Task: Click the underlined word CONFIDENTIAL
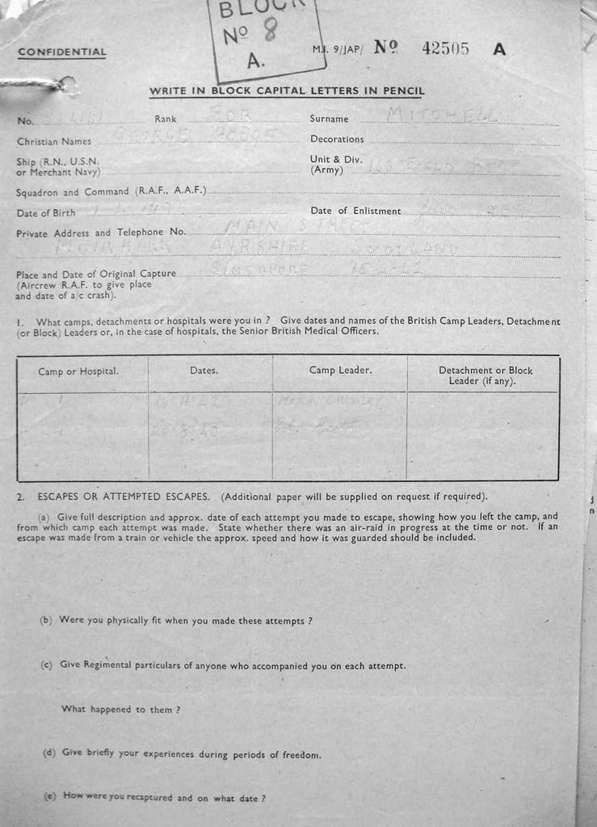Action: tap(61, 52)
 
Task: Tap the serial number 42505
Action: tap(445, 48)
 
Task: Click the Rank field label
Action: tap(165, 119)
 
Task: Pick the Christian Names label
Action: tap(53, 141)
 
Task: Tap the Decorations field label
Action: tap(337, 139)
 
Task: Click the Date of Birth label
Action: tap(45, 213)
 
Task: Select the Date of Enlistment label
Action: tap(355, 211)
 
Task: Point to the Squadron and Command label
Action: tap(111, 191)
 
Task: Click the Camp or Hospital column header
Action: tap(78, 372)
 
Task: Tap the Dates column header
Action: tap(204, 371)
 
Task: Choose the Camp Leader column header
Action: tap(340, 370)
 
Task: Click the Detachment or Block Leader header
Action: tap(485, 376)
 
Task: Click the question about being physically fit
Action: tap(176, 621)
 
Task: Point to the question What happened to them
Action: tap(120, 709)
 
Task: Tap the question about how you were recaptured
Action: tap(154, 798)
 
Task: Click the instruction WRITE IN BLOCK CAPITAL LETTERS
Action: tap(287, 91)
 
